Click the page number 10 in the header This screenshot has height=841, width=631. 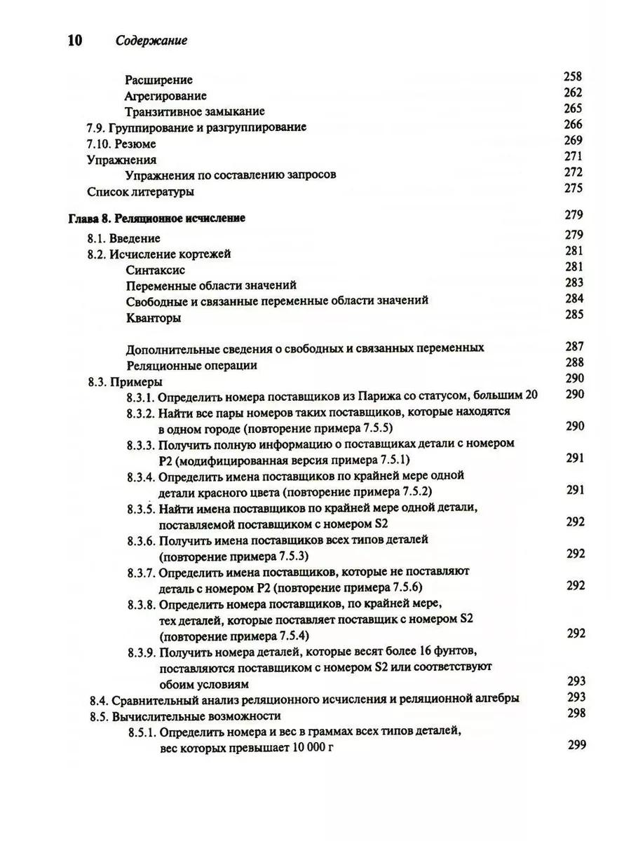(x=74, y=40)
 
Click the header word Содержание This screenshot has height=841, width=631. (x=151, y=41)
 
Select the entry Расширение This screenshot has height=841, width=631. (x=158, y=80)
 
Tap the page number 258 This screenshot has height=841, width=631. (x=573, y=77)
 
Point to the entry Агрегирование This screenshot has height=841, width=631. (x=165, y=96)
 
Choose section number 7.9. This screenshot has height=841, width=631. (x=97, y=128)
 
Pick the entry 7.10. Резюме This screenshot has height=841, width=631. (x=121, y=144)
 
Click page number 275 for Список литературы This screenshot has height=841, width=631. (x=573, y=188)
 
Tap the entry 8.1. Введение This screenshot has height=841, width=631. (x=123, y=238)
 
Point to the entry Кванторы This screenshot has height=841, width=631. (x=154, y=318)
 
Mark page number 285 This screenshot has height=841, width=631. (x=573, y=314)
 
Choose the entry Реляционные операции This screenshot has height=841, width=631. (x=191, y=364)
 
